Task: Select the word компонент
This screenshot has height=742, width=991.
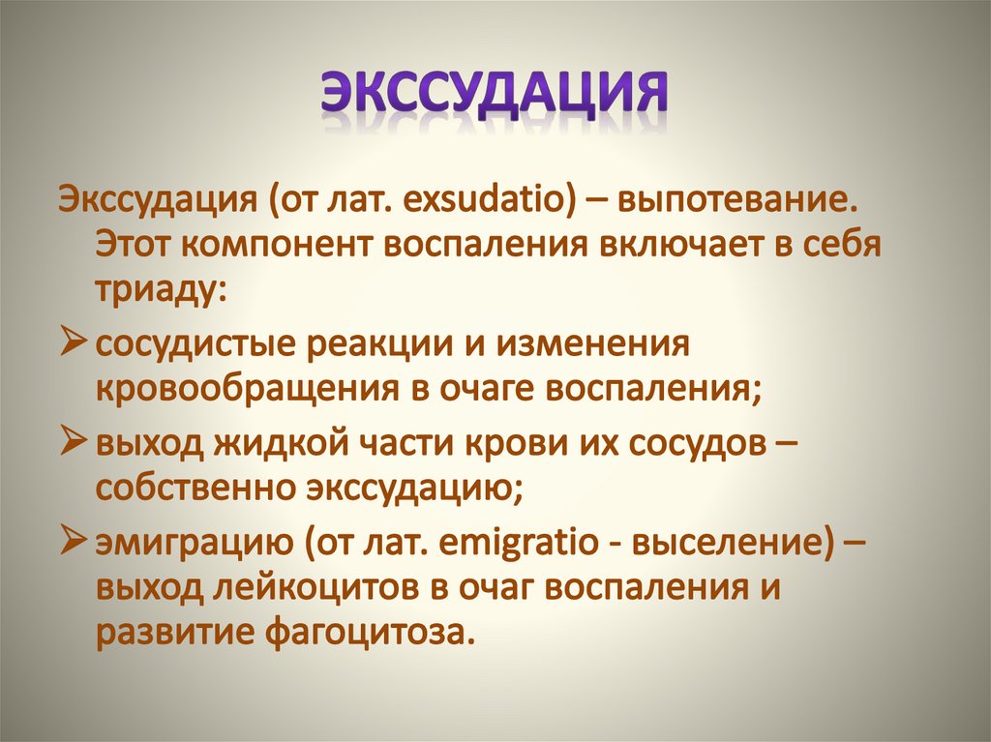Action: point(284,246)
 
